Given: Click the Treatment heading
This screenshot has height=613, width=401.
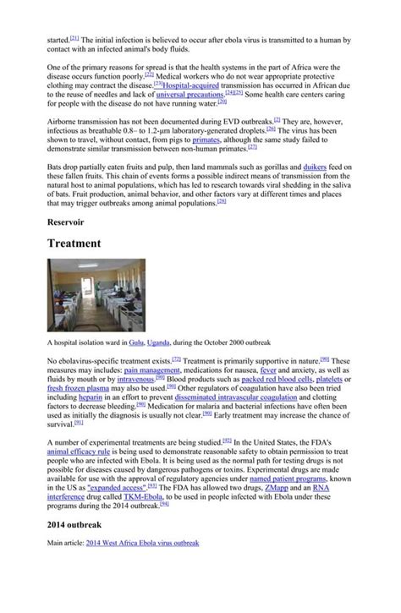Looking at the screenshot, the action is pos(86,243).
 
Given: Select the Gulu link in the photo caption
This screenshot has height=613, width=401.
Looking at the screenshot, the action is pos(137,342).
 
